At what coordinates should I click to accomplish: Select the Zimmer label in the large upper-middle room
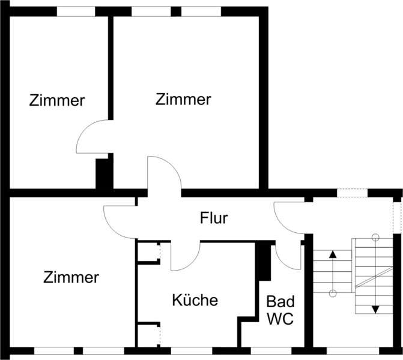click(x=183, y=100)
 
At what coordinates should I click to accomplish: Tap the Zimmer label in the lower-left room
click(x=71, y=278)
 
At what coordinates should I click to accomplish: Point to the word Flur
click(x=214, y=218)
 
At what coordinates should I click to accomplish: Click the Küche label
click(x=195, y=300)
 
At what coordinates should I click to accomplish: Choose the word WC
click(x=280, y=319)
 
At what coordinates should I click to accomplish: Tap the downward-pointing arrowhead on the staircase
click(x=375, y=308)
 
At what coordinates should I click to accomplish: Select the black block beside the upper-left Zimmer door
click(x=104, y=174)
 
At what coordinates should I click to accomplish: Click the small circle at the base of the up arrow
click(x=333, y=293)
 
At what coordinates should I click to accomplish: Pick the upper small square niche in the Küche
click(x=147, y=252)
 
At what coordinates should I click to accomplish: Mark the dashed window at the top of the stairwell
click(x=352, y=193)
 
